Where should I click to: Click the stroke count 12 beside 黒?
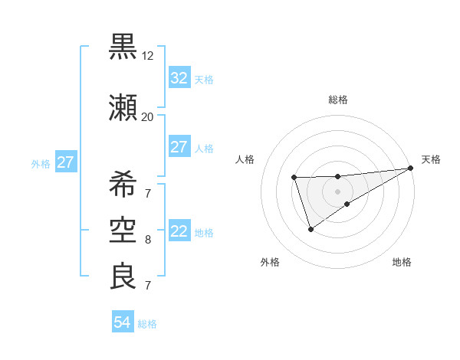[148, 56]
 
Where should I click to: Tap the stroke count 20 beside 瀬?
[148, 116]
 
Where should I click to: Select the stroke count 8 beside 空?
[148, 240]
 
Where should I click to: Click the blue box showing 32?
[179, 78]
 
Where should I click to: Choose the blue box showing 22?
[179, 232]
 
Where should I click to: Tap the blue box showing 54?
[123, 323]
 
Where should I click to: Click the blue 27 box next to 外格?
[65, 162]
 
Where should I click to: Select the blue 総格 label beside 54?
[147, 324]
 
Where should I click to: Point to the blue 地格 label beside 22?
[203, 233]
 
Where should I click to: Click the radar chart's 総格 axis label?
[337, 100]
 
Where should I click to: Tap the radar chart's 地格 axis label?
[402, 262]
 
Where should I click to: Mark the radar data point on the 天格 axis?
[410, 168]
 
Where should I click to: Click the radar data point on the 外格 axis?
[310, 229]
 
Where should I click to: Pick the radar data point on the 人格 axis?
[294, 178]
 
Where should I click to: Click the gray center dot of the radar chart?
[337, 191]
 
